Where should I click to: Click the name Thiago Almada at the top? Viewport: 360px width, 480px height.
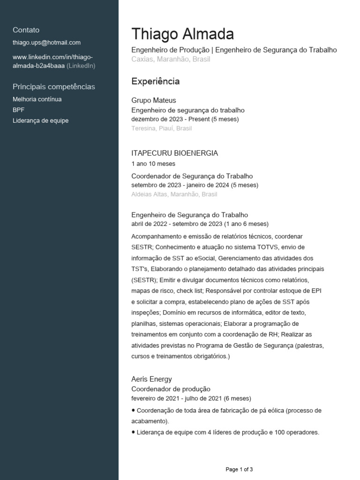pos(182,34)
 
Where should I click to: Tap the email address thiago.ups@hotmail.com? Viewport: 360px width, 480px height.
pos(46,42)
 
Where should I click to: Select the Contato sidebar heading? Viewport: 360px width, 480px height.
pos(26,30)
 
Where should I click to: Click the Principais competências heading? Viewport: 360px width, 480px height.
pos(53,87)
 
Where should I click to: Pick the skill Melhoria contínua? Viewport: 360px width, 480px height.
pos(37,99)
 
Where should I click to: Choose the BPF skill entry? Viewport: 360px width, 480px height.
pos(18,110)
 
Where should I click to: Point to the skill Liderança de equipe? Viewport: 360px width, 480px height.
pos(40,120)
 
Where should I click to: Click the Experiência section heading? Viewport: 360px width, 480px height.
pos(155,82)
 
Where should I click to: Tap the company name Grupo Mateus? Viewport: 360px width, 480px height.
pos(153,100)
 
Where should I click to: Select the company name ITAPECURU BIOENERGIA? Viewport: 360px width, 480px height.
pos(174,153)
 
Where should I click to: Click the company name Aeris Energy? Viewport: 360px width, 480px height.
pos(151,379)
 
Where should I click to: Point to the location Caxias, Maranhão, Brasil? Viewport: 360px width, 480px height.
pos(171,60)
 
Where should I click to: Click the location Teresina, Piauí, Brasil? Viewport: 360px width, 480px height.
pos(162,128)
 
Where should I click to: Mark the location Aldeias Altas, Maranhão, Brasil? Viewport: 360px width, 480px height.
pos(174,194)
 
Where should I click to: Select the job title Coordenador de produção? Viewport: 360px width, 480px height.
pos(171,389)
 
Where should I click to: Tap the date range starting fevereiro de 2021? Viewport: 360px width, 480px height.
pos(191,398)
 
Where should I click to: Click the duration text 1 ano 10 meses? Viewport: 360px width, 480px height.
pos(153,164)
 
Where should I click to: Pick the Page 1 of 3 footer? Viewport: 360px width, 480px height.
pos(239,469)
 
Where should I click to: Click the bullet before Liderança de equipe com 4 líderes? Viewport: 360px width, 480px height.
pos(134,432)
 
